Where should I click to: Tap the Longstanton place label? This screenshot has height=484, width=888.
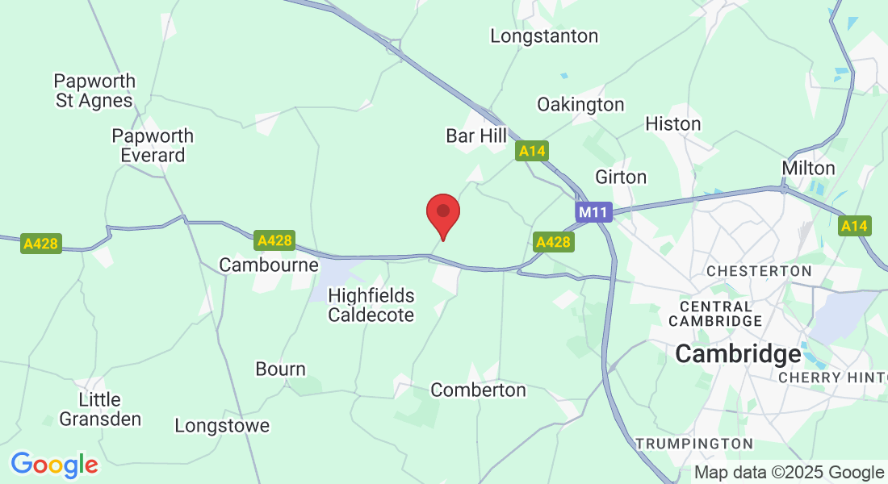pos(545,36)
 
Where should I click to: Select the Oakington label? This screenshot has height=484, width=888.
pos(580,105)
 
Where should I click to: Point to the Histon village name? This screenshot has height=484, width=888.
pos(673,124)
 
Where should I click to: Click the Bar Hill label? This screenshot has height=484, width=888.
pos(476,136)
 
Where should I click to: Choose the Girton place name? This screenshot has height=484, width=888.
pos(621,177)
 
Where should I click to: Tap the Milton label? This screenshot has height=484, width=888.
pos(808,168)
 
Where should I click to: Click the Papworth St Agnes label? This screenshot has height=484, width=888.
pos(94,91)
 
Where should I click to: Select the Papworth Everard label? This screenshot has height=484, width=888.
pos(153,145)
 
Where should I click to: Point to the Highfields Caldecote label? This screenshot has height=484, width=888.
pos(371,306)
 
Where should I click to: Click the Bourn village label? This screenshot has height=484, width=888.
pos(280,369)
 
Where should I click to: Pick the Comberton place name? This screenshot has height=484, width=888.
pos(478,390)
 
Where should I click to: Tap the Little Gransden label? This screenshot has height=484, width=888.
pos(100,409)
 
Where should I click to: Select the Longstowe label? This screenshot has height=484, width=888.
pos(222,426)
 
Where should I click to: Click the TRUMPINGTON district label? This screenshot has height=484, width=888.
pos(694,444)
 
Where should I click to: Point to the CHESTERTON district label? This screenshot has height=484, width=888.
pos(759,271)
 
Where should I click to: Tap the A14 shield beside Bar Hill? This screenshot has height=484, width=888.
pos(533,151)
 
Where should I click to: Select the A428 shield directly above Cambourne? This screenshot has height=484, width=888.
pos(274,240)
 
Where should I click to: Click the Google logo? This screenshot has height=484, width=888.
pos(54,465)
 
